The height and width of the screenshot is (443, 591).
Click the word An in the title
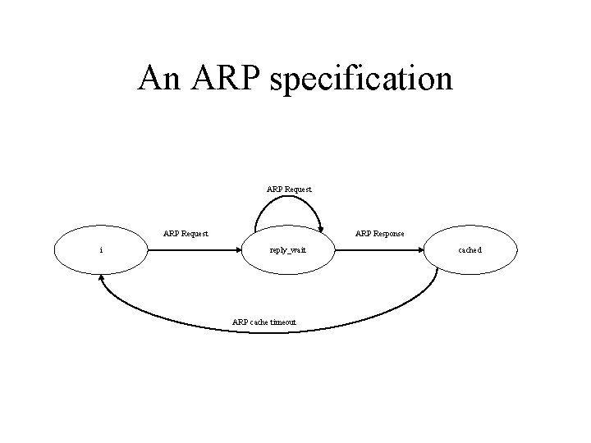pos(159,79)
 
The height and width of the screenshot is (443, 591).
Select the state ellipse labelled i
pos(100,249)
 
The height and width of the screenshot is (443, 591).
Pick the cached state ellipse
pos(471,249)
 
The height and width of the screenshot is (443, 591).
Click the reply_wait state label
pos(287,249)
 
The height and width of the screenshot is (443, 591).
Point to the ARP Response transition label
pos(379,234)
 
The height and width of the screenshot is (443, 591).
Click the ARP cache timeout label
pos(264,322)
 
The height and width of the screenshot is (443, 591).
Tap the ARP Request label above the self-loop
pos(289,190)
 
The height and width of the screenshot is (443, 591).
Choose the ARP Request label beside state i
pos(186,234)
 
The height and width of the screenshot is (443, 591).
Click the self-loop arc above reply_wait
pos(287,202)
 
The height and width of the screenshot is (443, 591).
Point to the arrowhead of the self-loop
pos(331,234)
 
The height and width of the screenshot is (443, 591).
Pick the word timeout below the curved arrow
pos(281,322)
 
